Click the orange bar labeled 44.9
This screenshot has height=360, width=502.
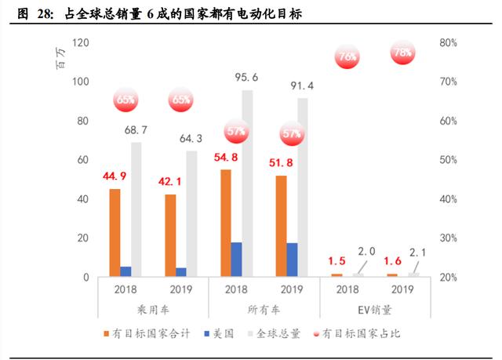point(115,233)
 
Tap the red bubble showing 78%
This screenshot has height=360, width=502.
point(402,53)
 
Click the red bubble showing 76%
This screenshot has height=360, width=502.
point(347,56)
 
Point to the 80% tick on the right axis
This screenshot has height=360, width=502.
point(449,42)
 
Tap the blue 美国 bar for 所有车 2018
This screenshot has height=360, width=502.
point(236,260)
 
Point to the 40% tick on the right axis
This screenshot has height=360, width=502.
point(449,198)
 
